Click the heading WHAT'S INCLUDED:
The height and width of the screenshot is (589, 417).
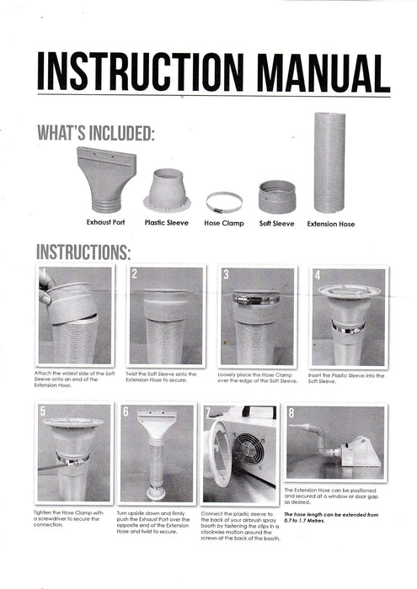pos(95,135)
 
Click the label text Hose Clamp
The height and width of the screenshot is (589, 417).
pos(224,225)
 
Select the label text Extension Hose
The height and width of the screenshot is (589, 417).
pos(330,225)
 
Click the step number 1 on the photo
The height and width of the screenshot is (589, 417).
pos(43,274)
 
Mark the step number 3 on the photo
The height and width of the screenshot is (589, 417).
pos(226,274)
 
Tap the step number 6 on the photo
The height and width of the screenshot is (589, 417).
pos(126,412)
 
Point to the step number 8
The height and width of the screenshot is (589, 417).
pos(291,412)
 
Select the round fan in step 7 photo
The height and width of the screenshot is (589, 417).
pos(250,450)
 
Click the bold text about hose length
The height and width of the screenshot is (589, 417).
pos(335,517)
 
